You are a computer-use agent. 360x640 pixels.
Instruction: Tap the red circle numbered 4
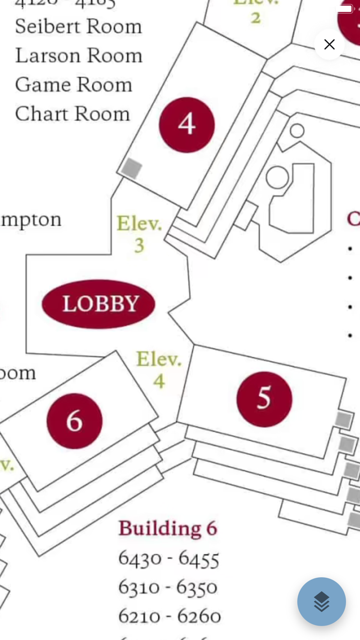[186, 125]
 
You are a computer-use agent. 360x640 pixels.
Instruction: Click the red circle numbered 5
[264, 399]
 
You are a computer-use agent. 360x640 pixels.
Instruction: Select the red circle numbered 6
[75, 421]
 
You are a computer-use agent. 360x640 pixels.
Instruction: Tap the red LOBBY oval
[99, 304]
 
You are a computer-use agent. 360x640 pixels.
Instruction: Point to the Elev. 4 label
[159, 369]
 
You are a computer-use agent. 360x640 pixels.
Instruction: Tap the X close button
[329, 45]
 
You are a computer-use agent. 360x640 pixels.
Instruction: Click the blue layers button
[321, 601]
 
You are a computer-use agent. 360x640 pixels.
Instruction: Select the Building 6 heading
[168, 528]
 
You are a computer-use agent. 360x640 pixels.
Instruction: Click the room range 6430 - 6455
[169, 559]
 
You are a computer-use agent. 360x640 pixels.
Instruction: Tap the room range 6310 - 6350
[168, 588]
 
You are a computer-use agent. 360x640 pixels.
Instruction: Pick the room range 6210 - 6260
[169, 616]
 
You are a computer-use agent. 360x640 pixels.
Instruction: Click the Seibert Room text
[78, 27]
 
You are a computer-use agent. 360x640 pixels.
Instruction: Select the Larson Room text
[79, 56]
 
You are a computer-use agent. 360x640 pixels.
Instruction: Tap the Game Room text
[74, 85]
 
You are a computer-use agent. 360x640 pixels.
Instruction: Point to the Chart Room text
[73, 114]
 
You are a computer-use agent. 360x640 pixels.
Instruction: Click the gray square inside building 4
[132, 168]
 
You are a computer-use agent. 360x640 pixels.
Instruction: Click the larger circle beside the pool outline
[277, 177]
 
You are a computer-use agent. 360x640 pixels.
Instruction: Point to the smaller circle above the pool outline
[297, 131]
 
